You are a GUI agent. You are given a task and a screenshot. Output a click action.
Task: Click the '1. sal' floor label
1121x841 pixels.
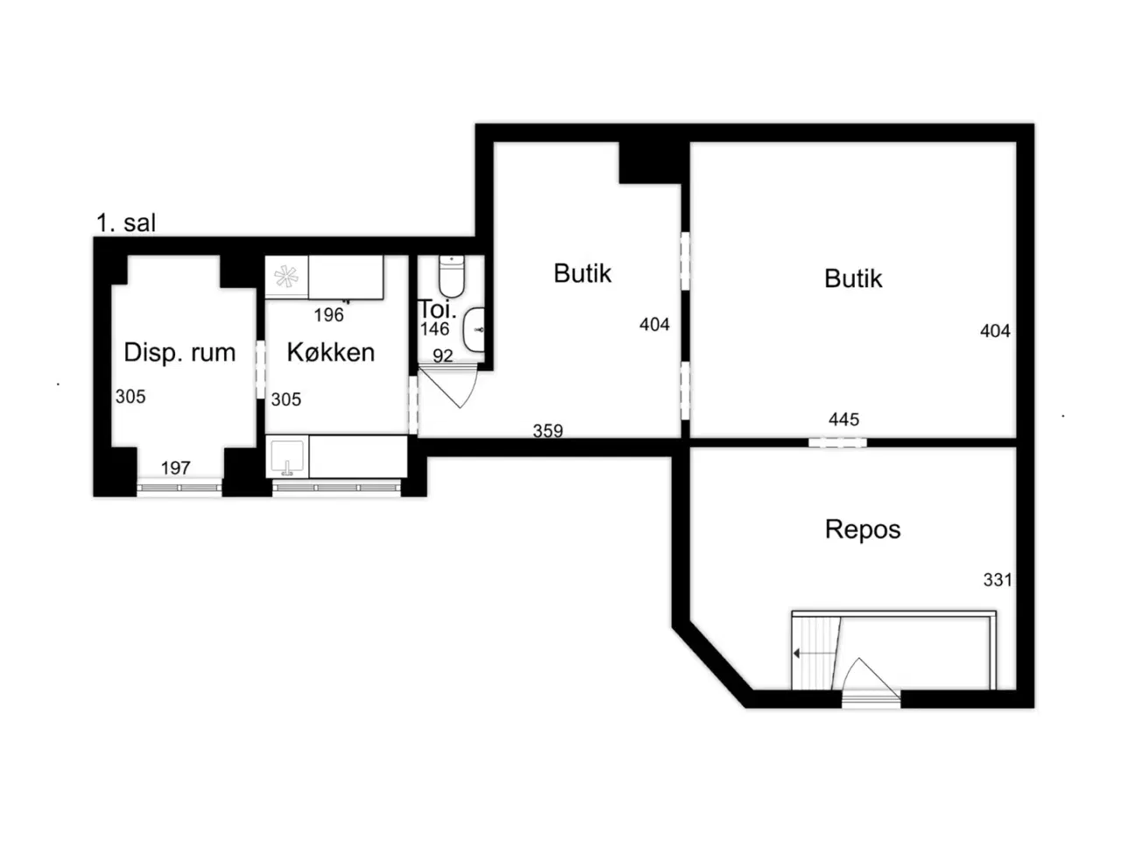coord(125,223)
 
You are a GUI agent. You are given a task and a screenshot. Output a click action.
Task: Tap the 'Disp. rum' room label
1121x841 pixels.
coord(180,353)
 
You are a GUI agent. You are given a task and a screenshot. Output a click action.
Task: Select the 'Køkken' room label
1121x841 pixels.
coord(331,352)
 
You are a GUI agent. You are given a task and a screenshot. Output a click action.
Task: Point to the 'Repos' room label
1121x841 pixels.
coord(863,529)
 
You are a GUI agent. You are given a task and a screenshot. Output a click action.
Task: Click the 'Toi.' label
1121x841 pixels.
coord(437,309)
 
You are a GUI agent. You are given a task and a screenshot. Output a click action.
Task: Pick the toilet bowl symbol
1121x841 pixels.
coord(451,276)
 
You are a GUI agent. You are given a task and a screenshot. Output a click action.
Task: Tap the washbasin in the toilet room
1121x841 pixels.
coord(474,330)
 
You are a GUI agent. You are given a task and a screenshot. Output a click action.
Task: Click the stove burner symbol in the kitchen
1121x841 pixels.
coord(286,277)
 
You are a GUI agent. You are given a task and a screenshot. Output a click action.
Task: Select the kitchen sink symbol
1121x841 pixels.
coord(287,457)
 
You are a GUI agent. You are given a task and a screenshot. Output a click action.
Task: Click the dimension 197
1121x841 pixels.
coord(176,468)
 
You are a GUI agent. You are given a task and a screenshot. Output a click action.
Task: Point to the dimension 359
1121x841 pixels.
coord(548,431)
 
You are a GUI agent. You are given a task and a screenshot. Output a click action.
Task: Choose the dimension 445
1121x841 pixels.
coord(843,420)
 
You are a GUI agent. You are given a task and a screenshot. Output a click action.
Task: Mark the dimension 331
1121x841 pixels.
coord(998,580)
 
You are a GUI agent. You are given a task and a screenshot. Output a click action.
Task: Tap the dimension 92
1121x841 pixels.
coord(443,356)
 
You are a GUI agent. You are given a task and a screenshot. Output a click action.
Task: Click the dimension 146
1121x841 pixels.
coord(434,329)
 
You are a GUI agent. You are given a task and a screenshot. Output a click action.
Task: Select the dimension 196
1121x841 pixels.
coord(329,315)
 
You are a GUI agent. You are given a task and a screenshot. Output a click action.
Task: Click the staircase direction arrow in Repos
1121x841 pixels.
coord(814,654)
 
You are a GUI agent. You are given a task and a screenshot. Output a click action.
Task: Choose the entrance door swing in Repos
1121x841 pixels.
coord(871,677)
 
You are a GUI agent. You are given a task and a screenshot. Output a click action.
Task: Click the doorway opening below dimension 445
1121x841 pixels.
coord(837,442)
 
